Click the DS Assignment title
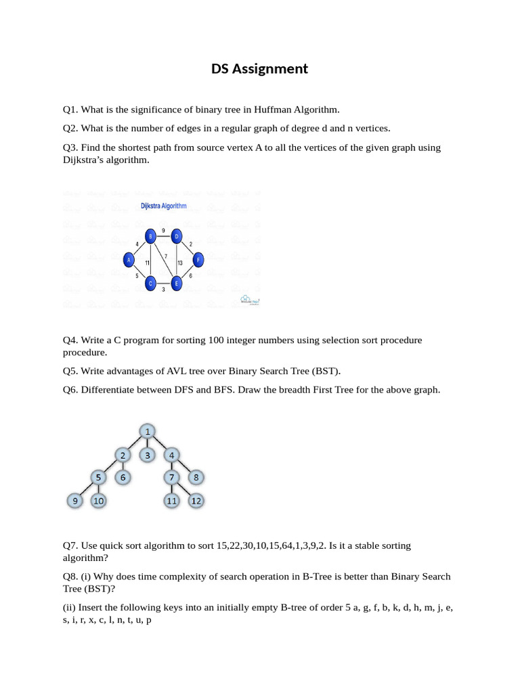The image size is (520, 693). point(259,68)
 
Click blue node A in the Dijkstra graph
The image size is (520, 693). point(128,259)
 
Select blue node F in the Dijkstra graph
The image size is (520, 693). point(198,259)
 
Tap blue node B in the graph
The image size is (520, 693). point(151,236)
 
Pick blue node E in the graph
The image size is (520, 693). point(176,284)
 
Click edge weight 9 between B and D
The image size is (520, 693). point(164,231)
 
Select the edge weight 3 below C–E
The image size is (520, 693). point(163,290)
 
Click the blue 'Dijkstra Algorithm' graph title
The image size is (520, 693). point(163,206)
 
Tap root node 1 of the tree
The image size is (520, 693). point(148,431)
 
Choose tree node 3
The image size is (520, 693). point(148,455)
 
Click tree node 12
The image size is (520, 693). point(196,501)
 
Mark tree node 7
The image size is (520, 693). point(171,478)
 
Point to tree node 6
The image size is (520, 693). point(123,478)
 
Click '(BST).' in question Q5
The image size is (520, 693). point(326,371)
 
